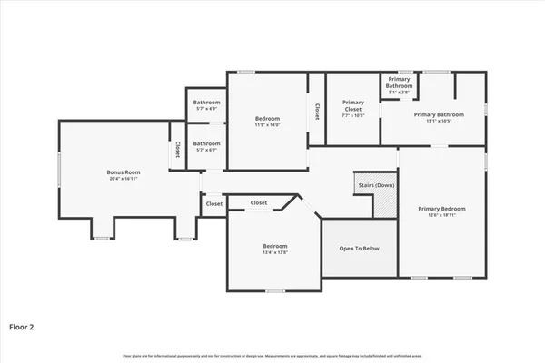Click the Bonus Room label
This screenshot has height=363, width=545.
pyautogui.click(x=124, y=172)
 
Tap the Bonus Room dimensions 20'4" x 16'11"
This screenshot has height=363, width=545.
pyautogui.click(x=124, y=179)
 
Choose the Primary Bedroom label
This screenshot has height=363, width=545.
pyautogui.click(x=441, y=209)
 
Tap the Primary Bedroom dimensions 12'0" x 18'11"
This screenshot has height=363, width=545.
pyautogui.click(x=441, y=216)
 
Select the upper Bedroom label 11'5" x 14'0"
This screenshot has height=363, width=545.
pyautogui.click(x=267, y=119)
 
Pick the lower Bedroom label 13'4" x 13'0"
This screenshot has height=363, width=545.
pyautogui.click(x=275, y=246)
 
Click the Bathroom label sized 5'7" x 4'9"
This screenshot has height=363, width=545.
pyautogui.click(x=206, y=103)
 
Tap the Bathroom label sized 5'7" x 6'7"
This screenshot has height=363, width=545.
pyautogui.click(x=206, y=143)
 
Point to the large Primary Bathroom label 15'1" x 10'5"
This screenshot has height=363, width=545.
pyautogui.click(x=439, y=114)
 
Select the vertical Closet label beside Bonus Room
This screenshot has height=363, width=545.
pyautogui.click(x=177, y=150)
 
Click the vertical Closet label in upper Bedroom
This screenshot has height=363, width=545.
pyautogui.click(x=316, y=111)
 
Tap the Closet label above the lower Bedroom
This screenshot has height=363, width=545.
pyautogui.click(x=259, y=202)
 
